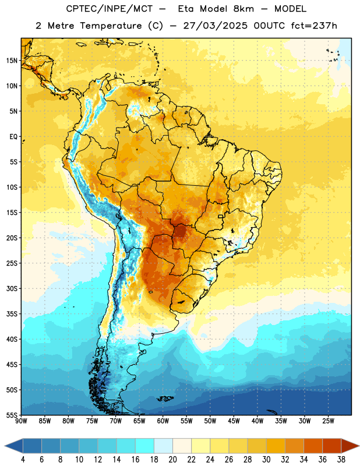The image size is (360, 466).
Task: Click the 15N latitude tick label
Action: click(12, 61)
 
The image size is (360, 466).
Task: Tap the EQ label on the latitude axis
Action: click(13, 137)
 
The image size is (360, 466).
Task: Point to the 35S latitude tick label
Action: click(12, 314)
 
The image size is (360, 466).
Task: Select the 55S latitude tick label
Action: click(12, 415)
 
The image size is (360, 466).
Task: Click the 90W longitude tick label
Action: click(21, 421)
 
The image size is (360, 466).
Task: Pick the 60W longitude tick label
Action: click(163, 421)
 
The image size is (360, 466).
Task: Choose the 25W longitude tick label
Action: click(328, 421)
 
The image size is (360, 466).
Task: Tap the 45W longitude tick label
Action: click(234, 421)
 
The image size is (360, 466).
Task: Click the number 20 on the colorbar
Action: click(172, 460)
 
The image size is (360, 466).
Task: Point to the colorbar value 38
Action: click(341, 460)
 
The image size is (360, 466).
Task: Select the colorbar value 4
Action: click(23, 460)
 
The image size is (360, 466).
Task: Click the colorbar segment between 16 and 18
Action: click(144, 446)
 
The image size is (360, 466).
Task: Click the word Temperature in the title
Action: click(111, 26)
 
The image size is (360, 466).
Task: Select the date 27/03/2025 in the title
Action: click(215, 26)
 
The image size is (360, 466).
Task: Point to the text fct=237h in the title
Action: click(314, 26)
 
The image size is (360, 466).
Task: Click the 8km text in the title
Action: click(243, 9)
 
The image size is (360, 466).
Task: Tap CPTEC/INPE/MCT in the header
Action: click(109, 9)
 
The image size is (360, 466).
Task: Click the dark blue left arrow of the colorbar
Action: click(13, 446)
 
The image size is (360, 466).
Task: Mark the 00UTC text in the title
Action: click(269, 26)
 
